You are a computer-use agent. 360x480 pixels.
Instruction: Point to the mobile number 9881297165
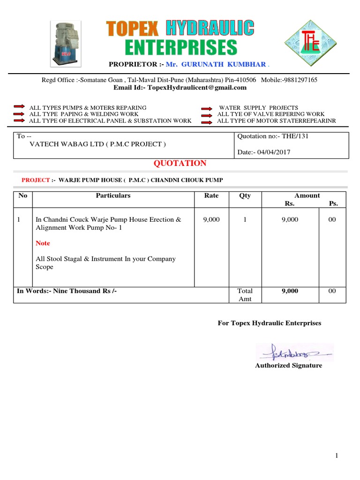(300, 80)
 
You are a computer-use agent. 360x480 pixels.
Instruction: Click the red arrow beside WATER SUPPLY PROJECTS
(207, 108)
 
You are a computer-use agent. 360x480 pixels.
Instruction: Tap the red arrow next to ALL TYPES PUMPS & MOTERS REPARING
(19, 107)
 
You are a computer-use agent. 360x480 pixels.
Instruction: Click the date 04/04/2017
(274, 152)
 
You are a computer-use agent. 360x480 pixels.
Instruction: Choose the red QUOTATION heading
(180, 164)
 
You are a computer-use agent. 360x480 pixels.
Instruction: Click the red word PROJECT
(36, 180)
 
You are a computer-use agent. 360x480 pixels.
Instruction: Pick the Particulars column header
(113, 195)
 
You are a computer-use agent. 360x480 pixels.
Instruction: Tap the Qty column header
(245, 195)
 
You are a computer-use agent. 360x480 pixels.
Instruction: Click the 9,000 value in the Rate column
(211, 219)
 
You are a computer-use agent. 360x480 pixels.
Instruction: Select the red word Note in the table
(43, 243)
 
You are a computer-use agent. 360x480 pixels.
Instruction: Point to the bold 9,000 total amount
(290, 291)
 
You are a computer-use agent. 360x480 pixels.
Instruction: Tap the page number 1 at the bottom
(337, 456)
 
